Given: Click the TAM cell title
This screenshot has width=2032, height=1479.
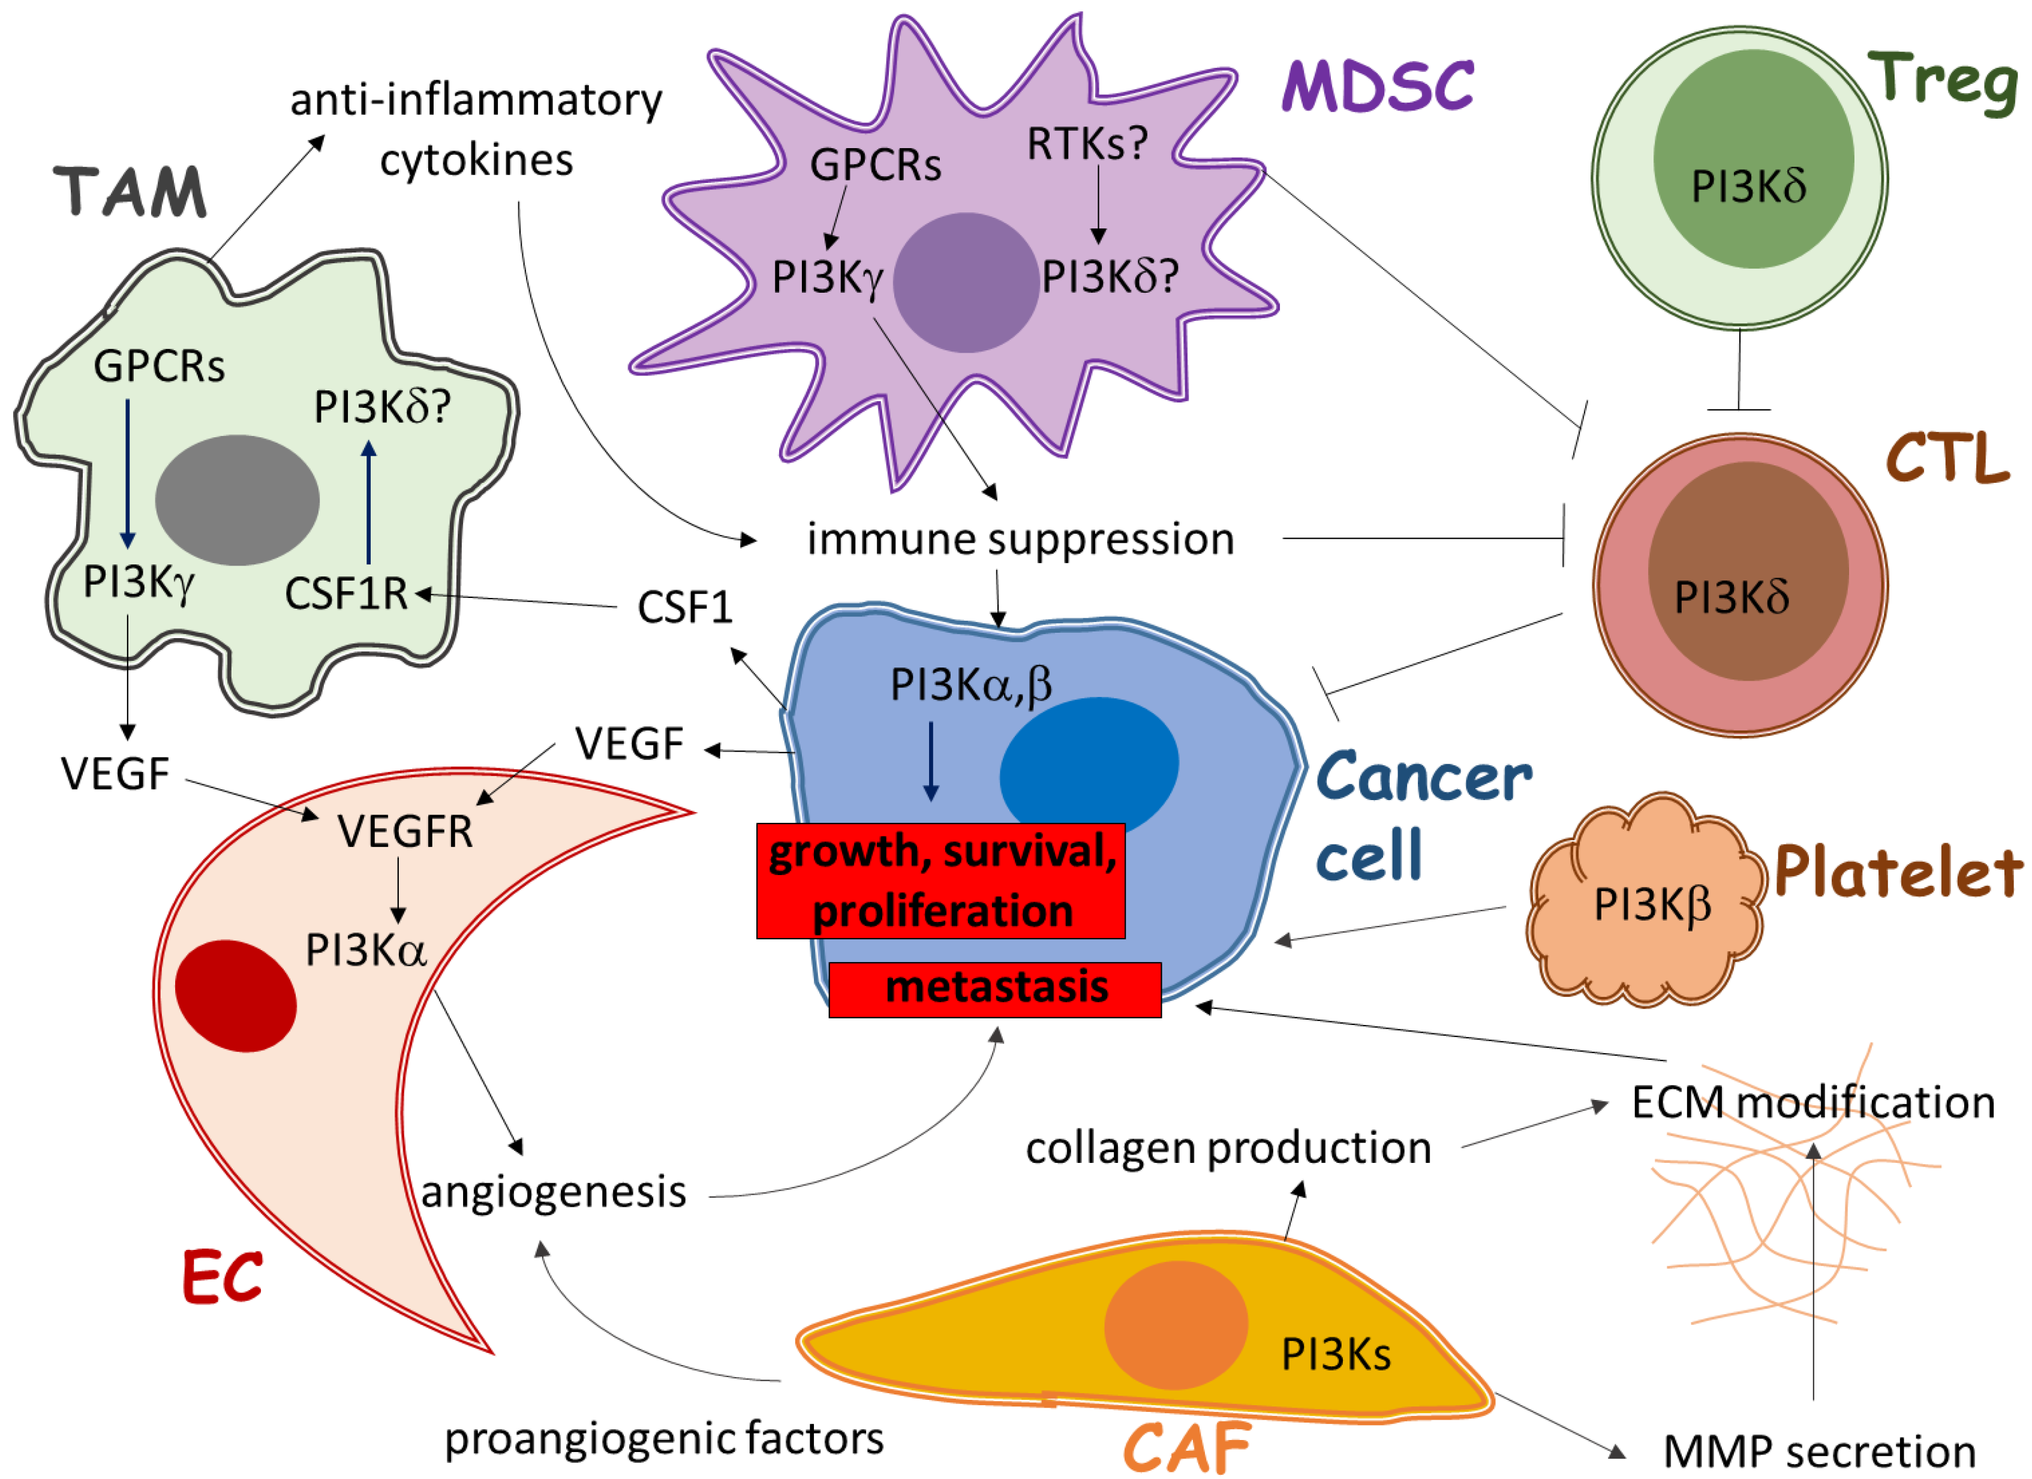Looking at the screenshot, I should coord(131,192).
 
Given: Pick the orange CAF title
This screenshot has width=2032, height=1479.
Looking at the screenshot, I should coord(1187,1446).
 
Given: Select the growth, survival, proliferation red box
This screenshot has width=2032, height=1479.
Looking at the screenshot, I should coord(941,880).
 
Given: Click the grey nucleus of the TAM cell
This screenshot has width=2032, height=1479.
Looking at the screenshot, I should coord(238,500).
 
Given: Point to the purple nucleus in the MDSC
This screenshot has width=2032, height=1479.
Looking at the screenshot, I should coord(966,282).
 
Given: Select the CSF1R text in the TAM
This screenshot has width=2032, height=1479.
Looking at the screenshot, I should coord(346,593).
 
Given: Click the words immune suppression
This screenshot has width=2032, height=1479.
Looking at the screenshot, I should coord(1020,539).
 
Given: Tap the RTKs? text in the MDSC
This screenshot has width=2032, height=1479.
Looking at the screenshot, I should coord(1087,143).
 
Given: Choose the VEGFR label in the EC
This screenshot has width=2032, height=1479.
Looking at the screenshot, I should coord(405,831).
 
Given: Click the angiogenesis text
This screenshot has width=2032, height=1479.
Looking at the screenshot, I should coord(554,1192).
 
